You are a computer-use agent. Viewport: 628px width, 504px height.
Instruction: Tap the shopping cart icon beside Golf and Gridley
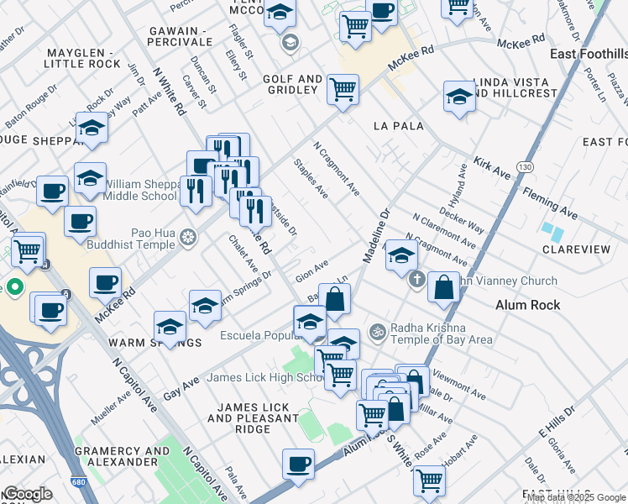[x=343, y=88]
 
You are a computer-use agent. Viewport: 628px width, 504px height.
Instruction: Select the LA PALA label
[x=398, y=126]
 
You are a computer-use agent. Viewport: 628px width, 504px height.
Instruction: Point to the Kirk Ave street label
[x=492, y=166]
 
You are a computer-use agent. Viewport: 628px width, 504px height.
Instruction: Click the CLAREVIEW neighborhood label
[x=576, y=249]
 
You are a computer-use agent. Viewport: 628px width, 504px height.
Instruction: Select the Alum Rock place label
[x=528, y=305]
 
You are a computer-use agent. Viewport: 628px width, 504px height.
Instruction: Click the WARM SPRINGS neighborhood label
[x=154, y=343]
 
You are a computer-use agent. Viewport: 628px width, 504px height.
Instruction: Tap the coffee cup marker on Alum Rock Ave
[x=298, y=464]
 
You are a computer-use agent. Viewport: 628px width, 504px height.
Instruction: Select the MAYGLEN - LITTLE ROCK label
[x=84, y=58]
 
